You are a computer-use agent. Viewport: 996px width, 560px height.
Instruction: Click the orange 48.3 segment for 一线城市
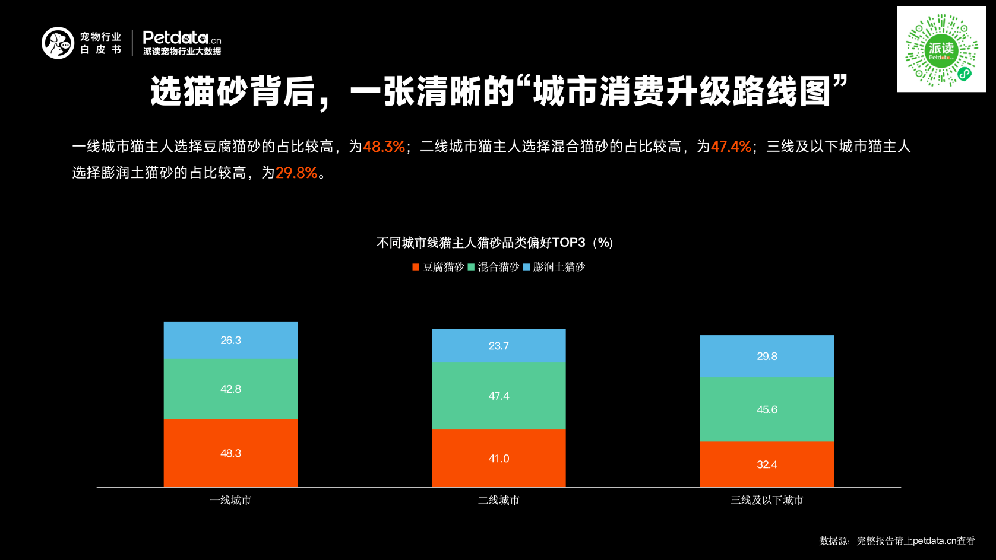point(230,453)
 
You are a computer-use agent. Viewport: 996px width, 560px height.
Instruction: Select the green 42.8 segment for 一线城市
point(230,389)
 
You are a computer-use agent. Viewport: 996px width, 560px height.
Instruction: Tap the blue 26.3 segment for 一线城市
point(230,341)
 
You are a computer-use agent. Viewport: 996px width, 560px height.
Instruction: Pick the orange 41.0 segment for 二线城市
point(498,459)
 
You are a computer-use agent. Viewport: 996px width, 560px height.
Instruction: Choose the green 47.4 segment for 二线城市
point(498,396)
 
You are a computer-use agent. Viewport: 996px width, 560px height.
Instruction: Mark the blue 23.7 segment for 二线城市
point(498,346)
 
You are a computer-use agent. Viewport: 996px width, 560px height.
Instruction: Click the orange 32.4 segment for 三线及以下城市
point(767,464)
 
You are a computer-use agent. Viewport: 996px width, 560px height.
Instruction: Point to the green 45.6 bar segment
point(767,409)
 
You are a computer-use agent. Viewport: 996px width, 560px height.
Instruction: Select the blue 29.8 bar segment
point(767,356)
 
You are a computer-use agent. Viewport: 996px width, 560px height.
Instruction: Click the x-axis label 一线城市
point(230,500)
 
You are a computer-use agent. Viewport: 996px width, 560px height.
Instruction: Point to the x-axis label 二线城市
point(498,500)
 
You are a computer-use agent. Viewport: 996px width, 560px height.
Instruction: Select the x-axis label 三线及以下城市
point(767,500)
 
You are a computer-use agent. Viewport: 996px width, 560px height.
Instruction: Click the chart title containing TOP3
point(494,243)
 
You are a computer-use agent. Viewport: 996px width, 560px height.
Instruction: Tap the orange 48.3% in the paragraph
point(384,147)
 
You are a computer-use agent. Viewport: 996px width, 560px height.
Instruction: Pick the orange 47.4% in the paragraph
point(731,147)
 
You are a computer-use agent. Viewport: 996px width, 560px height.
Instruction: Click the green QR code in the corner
point(941,50)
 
